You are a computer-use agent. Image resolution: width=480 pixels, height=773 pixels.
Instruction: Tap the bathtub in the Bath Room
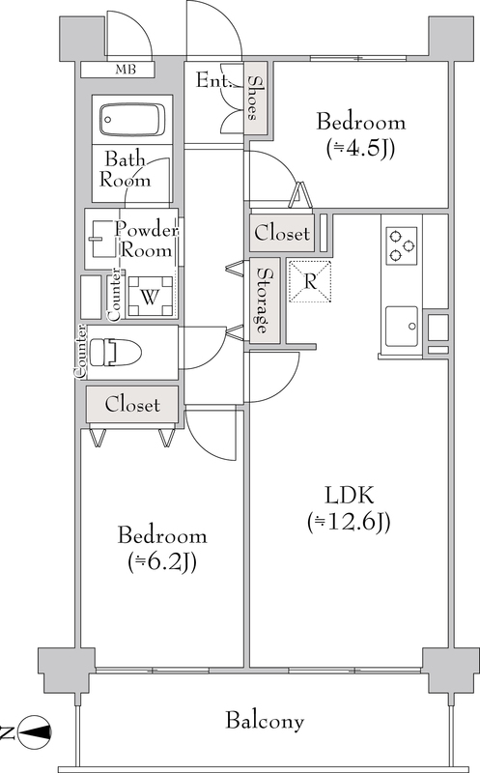pyautogui.click(x=132, y=119)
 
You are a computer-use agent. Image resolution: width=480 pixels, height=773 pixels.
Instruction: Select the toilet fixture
pyautogui.click(x=116, y=352)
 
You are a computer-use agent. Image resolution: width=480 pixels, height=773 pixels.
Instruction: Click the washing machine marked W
pyautogui.click(x=151, y=297)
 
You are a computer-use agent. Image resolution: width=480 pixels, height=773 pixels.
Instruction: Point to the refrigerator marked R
pyautogui.click(x=310, y=281)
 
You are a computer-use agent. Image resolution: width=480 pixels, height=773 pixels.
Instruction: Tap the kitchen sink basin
pyautogui.click(x=402, y=327)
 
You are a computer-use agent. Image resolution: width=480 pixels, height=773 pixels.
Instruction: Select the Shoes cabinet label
pyautogui.click(x=254, y=98)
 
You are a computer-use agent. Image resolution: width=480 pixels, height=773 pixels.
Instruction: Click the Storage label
pyautogui.click(x=265, y=300)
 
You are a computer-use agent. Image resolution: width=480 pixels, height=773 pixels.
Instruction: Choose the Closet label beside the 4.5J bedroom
pyautogui.click(x=282, y=233)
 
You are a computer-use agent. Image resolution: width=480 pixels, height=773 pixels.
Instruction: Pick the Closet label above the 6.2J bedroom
pyautogui.click(x=132, y=404)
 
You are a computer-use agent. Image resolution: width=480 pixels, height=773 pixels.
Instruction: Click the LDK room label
pyautogui.click(x=350, y=495)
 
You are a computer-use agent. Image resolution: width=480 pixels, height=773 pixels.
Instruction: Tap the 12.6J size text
pyautogui.click(x=350, y=522)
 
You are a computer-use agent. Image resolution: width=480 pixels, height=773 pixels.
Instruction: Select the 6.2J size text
pyautogui.click(x=162, y=562)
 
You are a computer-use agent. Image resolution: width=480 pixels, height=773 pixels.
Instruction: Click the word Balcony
pyautogui.click(x=265, y=721)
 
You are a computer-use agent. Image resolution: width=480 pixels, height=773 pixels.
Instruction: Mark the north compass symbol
pyautogui.click(x=34, y=731)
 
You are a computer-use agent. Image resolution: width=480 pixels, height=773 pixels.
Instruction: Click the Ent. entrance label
pyautogui.click(x=212, y=80)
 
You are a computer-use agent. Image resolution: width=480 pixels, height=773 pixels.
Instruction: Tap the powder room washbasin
pyautogui.click(x=103, y=239)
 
